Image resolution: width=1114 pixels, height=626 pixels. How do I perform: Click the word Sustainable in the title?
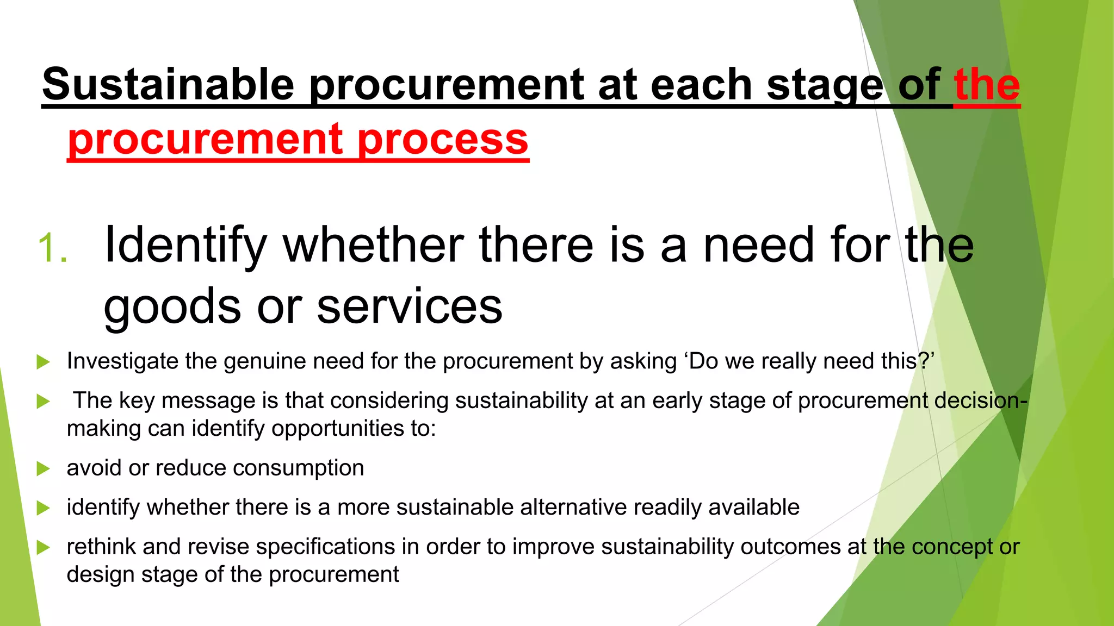tap(168, 84)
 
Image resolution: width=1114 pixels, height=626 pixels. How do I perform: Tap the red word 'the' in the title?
tap(987, 84)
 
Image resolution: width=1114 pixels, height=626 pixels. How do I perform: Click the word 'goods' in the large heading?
tap(172, 306)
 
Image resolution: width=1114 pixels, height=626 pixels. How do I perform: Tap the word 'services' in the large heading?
tap(410, 306)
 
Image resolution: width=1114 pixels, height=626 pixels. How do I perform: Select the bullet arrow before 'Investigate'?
tap(43, 362)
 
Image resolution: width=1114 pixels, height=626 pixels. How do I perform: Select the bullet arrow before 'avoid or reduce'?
tap(43, 468)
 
